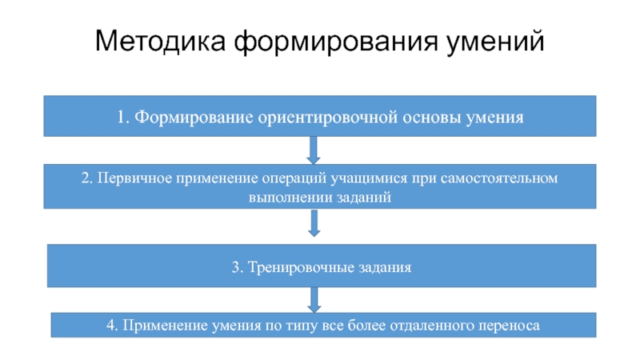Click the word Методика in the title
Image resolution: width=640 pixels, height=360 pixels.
pos(159,41)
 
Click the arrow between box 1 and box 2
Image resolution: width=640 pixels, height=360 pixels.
pos(314,150)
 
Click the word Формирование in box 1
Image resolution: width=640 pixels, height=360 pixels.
pos(191,118)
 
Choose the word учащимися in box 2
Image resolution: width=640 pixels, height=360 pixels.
pos(364,178)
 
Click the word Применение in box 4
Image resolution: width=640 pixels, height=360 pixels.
pos(159,326)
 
